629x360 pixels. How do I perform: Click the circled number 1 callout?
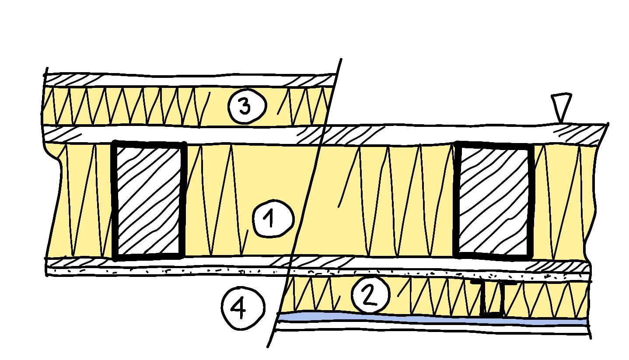click(273, 219)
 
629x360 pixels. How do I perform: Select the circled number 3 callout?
click(246, 106)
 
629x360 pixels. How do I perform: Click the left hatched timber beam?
click(148, 201)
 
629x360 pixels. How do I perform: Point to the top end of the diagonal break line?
click(340, 59)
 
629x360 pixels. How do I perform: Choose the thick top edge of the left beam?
click(149, 143)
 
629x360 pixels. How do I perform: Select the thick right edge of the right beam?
click(531, 201)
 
